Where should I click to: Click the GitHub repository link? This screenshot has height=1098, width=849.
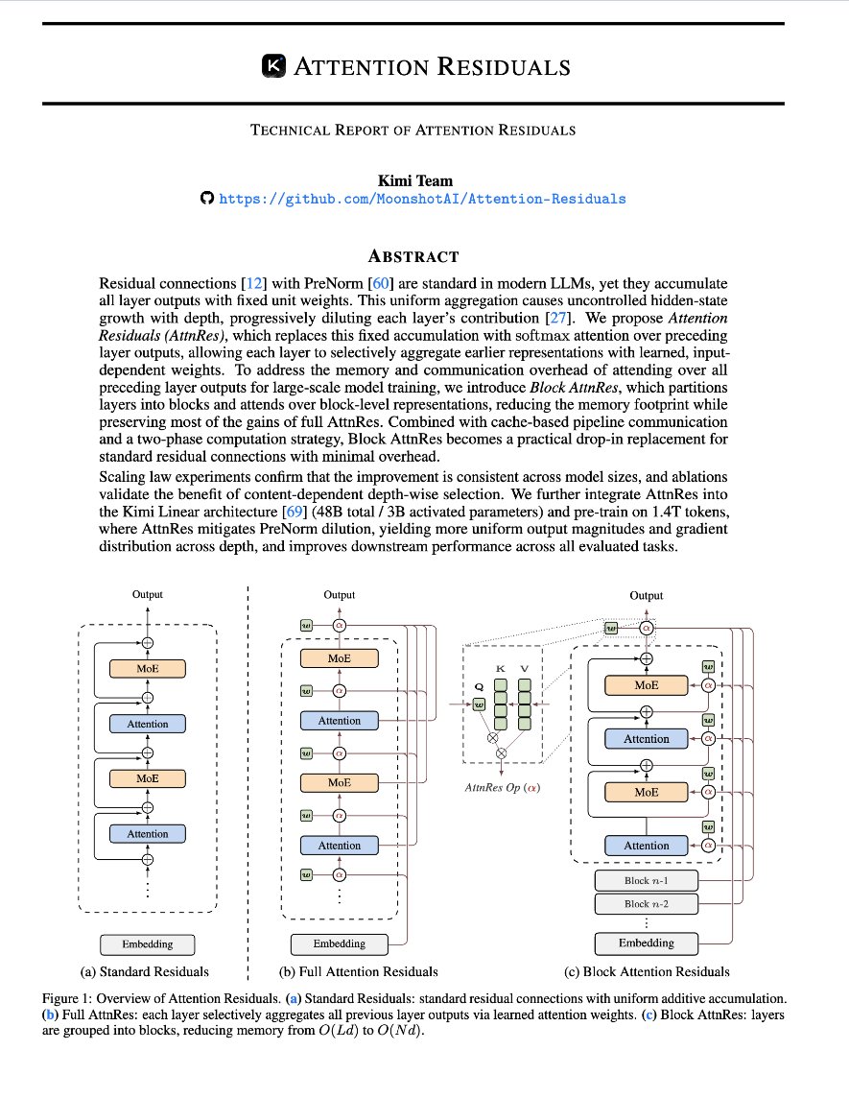point(422,199)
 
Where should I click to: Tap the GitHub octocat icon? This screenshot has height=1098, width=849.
point(206,199)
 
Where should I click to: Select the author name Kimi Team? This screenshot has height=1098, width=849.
point(424,179)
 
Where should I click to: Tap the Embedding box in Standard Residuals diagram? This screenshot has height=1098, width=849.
point(148,944)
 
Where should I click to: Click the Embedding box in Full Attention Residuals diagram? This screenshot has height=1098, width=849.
point(340,943)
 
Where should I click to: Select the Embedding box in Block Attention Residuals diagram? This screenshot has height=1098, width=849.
point(646,943)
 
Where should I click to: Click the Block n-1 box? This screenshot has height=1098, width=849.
point(646,880)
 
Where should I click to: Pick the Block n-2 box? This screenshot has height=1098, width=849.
point(646,903)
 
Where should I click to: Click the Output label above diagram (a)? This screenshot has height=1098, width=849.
point(148,594)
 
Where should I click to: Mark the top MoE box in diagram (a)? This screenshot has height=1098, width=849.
point(148,668)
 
